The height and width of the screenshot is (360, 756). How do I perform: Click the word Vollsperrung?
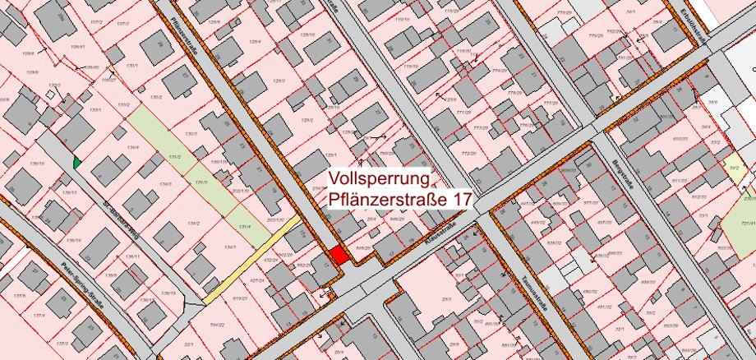click(380, 178)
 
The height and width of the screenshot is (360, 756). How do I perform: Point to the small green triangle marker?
click(77, 163)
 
